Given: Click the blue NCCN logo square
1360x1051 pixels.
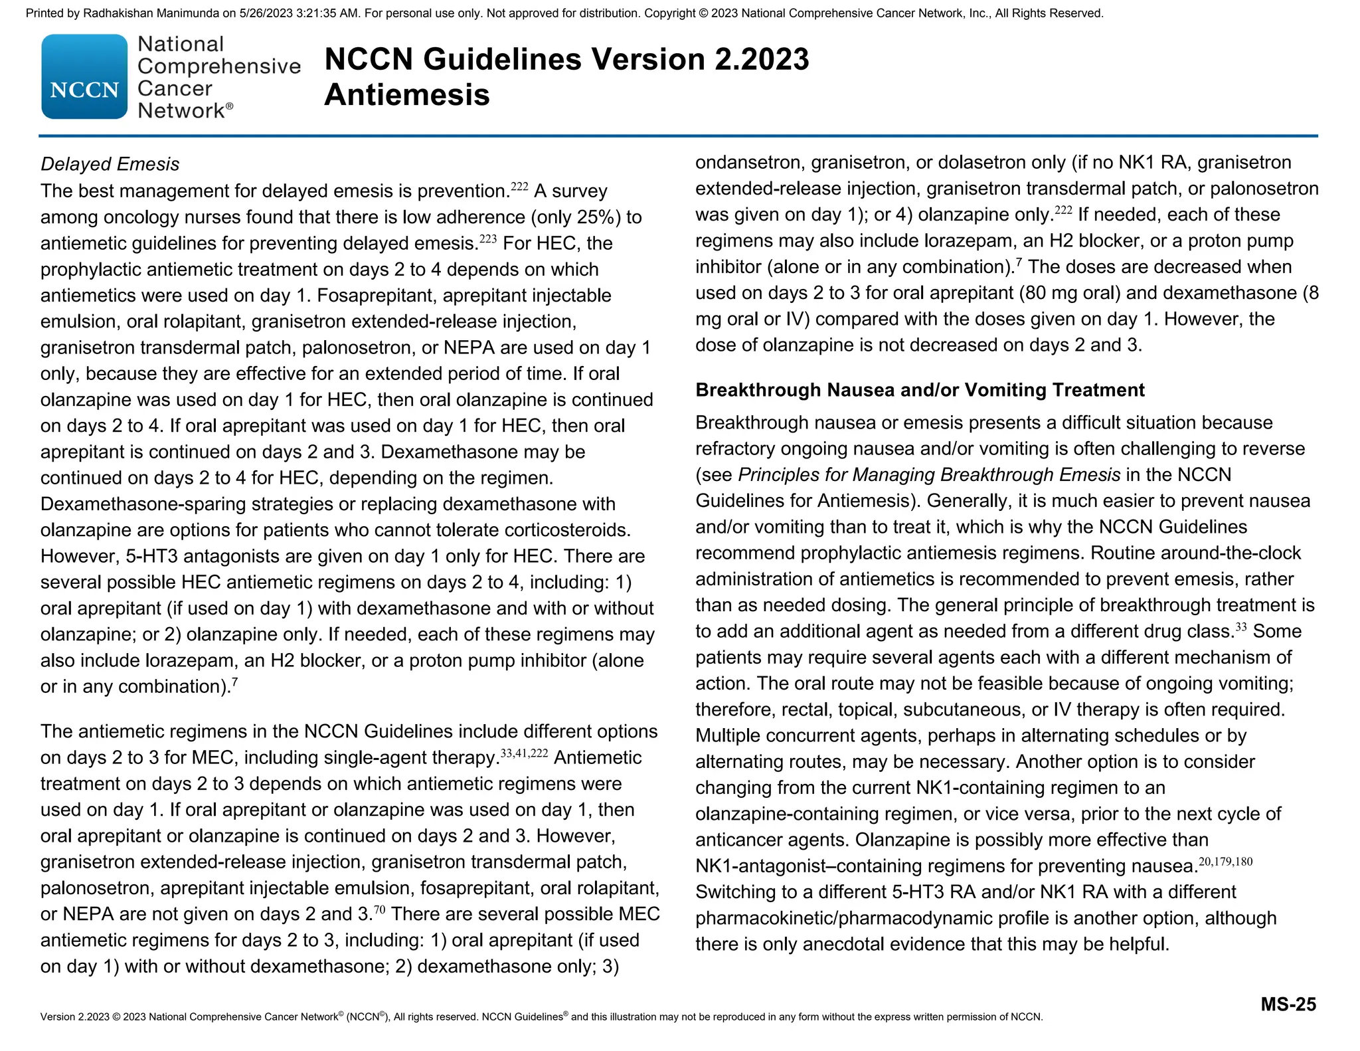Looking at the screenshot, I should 84,77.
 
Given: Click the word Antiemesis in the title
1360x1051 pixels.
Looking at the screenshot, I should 406,95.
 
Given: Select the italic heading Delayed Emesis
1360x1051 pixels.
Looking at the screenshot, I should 110,164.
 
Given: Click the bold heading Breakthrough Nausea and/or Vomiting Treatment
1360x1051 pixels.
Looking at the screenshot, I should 920,390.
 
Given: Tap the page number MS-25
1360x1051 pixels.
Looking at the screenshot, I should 1288,1004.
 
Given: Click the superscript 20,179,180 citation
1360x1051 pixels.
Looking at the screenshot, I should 1225,862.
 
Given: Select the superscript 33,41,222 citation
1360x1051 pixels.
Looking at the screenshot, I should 523,753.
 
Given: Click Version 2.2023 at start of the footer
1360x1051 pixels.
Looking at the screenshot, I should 74,1017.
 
